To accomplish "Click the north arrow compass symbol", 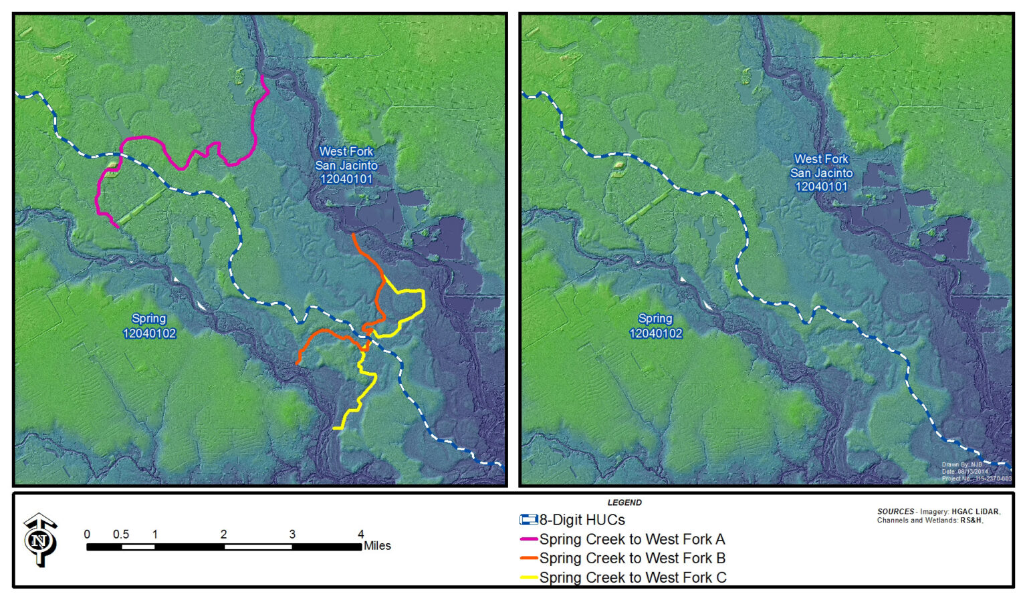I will [40, 540].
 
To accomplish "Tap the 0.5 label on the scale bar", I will [121, 535].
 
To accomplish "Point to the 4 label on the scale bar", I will [361, 535].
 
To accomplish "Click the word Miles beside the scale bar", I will [377, 546].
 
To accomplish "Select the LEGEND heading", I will [624, 502].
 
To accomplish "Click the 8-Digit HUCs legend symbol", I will [528, 520].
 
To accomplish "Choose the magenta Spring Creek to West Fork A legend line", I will [529, 539].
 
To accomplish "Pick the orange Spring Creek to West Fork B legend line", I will [529, 559].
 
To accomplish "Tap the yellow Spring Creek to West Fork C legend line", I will [529, 577].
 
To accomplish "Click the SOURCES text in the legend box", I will [895, 512].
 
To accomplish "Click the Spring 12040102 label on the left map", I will [148, 326].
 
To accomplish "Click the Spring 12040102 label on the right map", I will [655, 326].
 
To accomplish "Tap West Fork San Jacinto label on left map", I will [346, 165].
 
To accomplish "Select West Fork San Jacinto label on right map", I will [821, 173].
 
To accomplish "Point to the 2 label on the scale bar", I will [223, 535].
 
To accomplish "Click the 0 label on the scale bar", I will [87, 535].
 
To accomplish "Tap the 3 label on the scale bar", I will [292, 535].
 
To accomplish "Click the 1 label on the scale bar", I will [155, 535].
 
